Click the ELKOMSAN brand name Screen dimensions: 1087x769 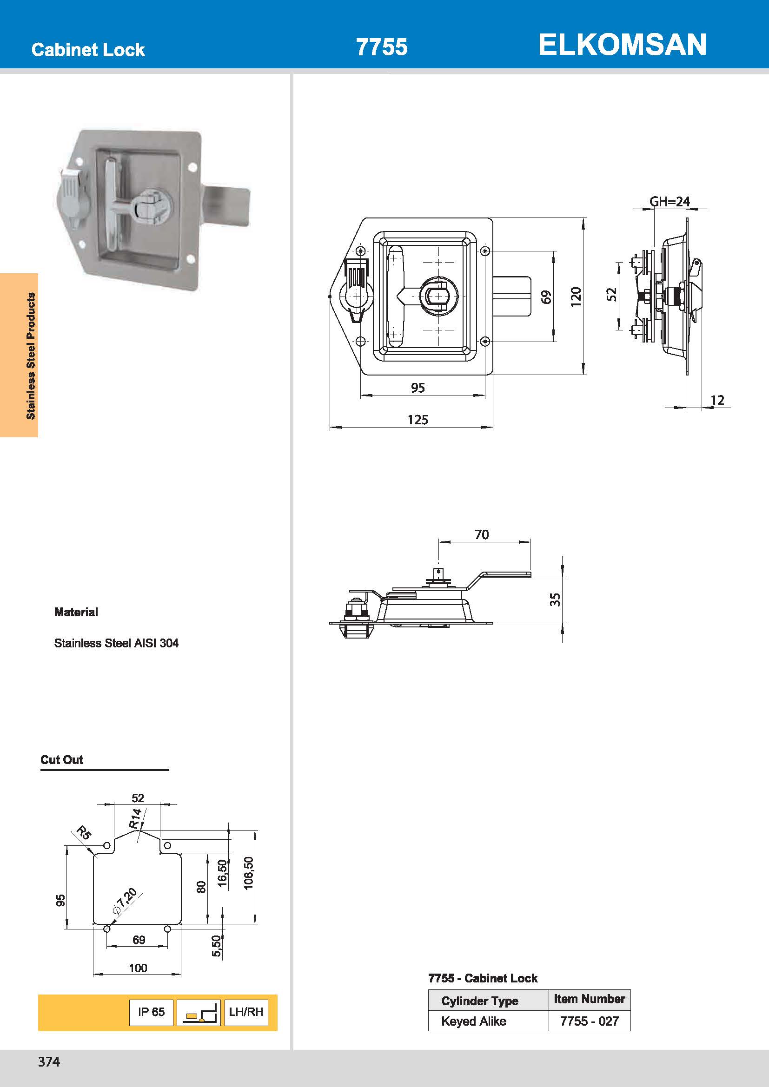click(x=622, y=45)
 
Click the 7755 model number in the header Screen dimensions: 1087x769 click(x=381, y=47)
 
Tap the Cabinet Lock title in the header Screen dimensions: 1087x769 click(x=88, y=50)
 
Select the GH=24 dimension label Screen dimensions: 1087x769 click(x=669, y=202)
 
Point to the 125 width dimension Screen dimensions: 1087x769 click(x=417, y=420)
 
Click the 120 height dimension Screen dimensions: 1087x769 click(x=575, y=297)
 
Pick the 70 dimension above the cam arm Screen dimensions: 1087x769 click(x=482, y=534)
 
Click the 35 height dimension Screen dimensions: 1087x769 click(x=555, y=599)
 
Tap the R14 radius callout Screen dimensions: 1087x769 click(x=136, y=818)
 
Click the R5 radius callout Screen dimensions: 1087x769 click(x=83, y=832)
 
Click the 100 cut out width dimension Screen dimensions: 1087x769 click(x=138, y=968)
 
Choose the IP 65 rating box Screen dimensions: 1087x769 click(x=151, y=1012)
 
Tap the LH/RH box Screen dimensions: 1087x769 click(x=246, y=1012)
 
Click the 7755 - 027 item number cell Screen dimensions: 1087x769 click(x=589, y=1021)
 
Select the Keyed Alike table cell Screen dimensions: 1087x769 click(x=473, y=1021)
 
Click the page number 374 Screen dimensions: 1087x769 click(x=49, y=1062)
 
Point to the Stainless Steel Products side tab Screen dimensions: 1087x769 click(x=31, y=356)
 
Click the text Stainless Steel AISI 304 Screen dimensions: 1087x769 click(x=116, y=643)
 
